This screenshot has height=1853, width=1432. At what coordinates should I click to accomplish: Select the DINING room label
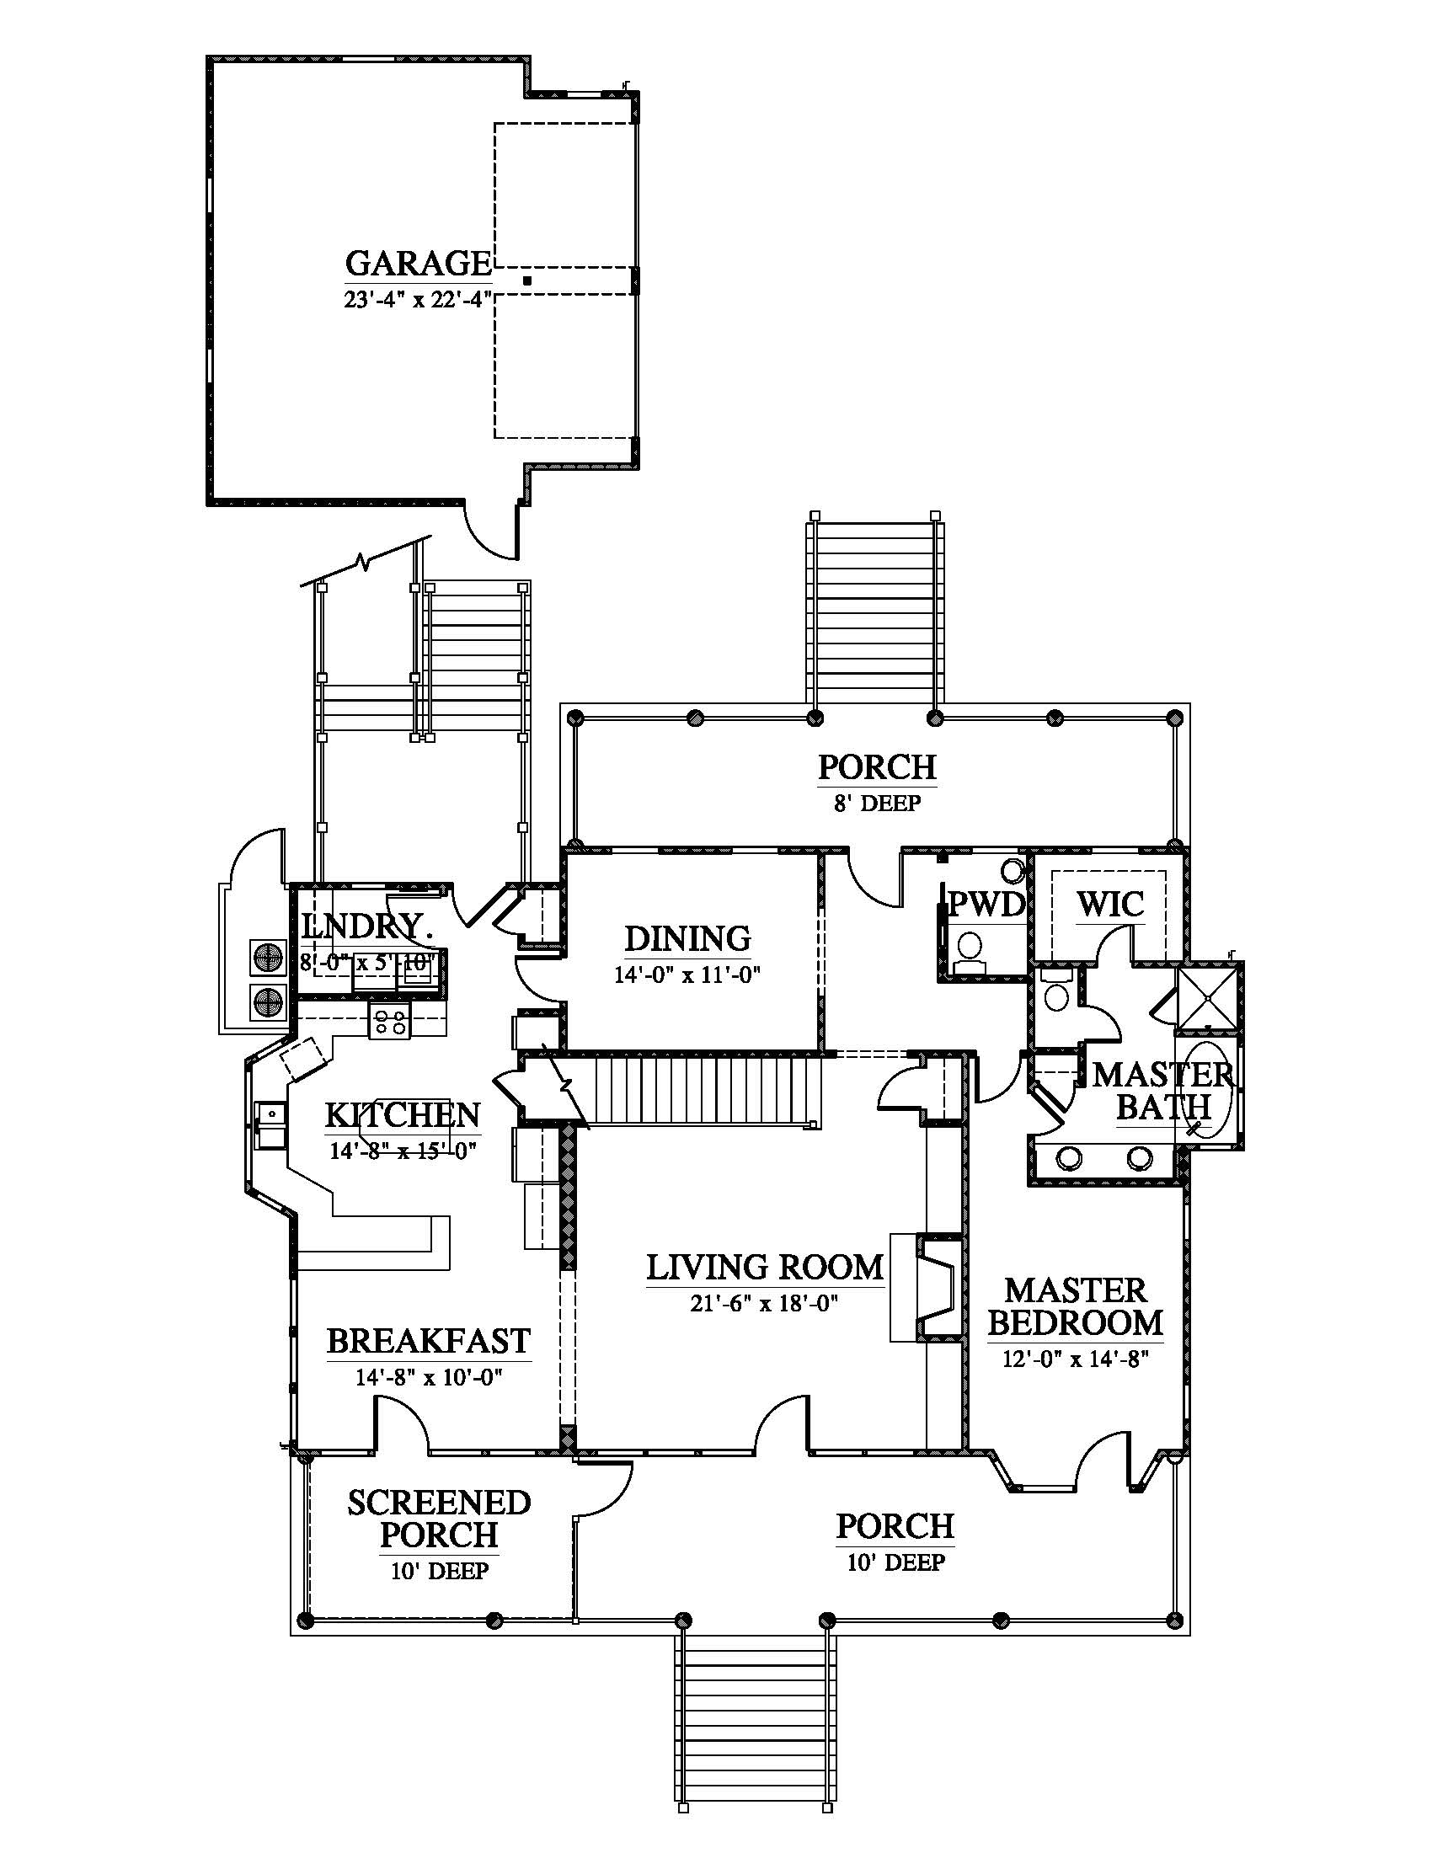pyautogui.click(x=687, y=939)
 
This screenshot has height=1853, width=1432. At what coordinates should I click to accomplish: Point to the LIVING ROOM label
pyautogui.click(x=764, y=1268)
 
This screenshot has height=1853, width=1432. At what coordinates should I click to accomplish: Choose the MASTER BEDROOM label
pyautogui.click(x=1076, y=1306)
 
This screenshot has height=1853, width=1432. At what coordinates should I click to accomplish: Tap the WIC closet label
pyautogui.click(x=1109, y=905)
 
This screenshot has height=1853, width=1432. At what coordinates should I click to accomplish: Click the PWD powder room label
pyautogui.click(x=986, y=905)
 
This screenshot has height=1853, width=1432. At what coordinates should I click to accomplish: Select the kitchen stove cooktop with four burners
pyautogui.click(x=389, y=1021)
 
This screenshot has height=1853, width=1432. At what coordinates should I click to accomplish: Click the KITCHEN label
pyautogui.click(x=403, y=1115)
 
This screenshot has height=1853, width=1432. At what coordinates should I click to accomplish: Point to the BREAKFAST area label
pyautogui.click(x=429, y=1342)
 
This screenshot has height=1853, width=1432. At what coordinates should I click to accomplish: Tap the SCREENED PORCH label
pyautogui.click(x=439, y=1519)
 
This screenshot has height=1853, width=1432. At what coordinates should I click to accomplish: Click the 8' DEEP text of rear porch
pyautogui.click(x=877, y=804)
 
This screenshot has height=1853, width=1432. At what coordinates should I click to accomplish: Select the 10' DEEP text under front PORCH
pyautogui.click(x=895, y=1562)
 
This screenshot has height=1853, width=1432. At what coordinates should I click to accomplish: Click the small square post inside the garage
pyautogui.click(x=526, y=280)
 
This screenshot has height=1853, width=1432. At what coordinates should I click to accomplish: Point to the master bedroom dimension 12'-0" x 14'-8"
pyautogui.click(x=1075, y=1359)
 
